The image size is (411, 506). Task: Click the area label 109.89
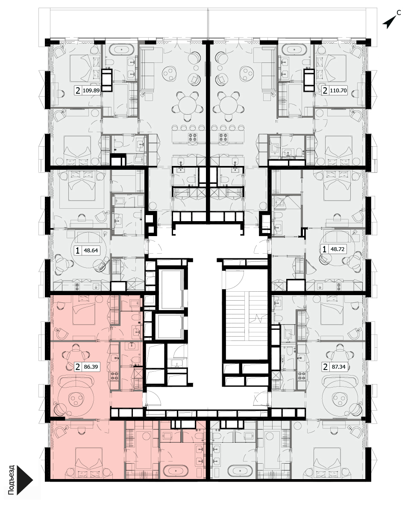(x=91, y=91)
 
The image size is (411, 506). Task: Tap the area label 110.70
(x=338, y=91)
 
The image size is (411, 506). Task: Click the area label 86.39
(x=91, y=367)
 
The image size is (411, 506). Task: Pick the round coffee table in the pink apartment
(x=76, y=398)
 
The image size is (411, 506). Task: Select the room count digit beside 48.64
(x=78, y=250)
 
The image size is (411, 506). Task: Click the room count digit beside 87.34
(x=326, y=367)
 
